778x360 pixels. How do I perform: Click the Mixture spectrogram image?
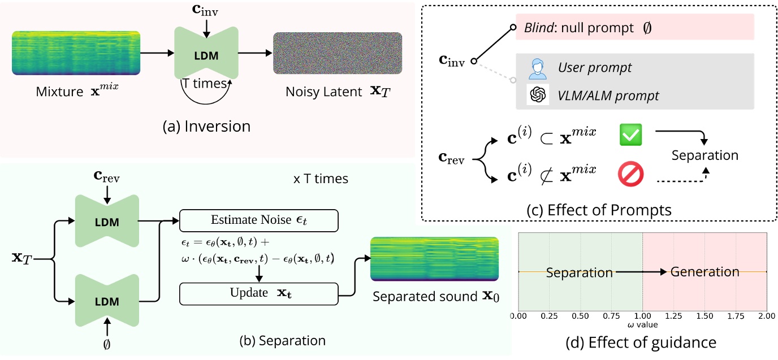[x=75, y=54]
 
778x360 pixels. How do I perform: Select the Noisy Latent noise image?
[x=338, y=55]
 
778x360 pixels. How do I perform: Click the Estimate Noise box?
[x=258, y=220]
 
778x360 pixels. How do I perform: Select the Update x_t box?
[x=258, y=294]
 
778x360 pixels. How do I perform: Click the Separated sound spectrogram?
[x=434, y=259]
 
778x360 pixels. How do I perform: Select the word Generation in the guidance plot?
[x=704, y=272]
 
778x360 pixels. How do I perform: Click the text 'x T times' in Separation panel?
[x=320, y=179]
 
